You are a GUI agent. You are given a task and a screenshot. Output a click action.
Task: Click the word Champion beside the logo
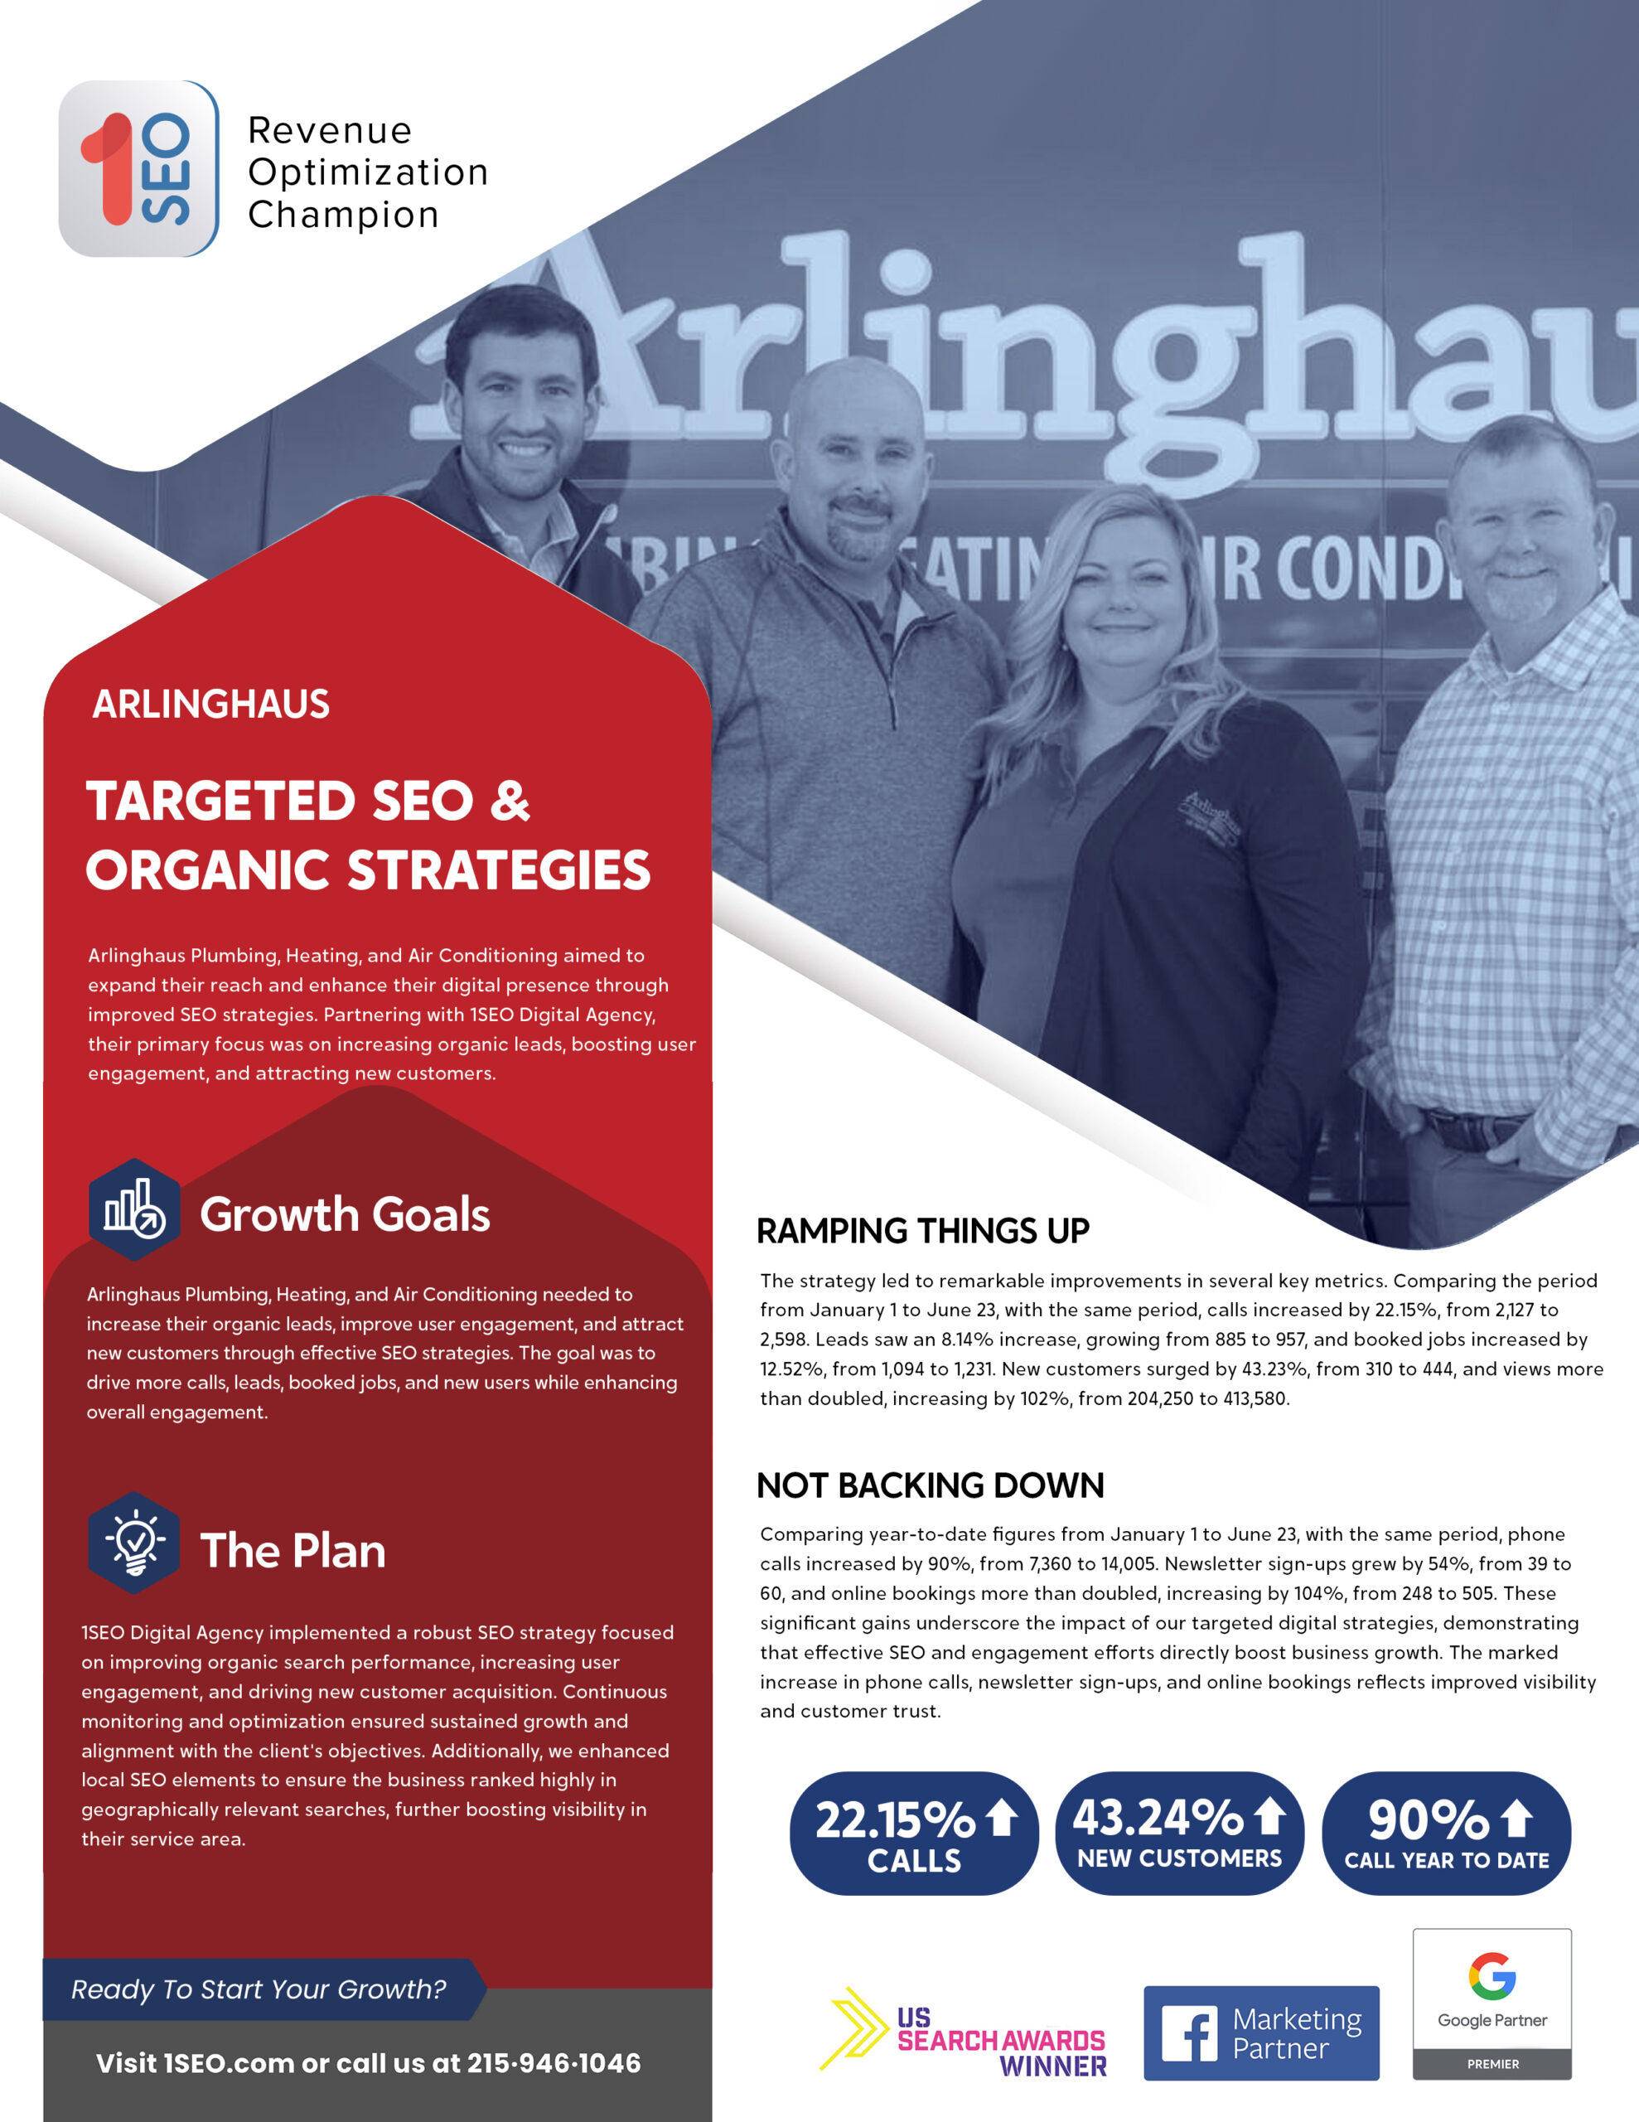pos(343,215)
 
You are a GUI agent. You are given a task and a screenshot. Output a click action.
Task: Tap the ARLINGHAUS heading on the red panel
pos(210,705)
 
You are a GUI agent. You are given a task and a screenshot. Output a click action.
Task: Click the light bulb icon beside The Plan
pos(134,1542)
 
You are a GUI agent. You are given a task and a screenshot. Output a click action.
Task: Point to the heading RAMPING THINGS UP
pos(922,1231)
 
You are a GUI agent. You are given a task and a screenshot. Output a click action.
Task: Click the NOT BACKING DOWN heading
pos(930,1485)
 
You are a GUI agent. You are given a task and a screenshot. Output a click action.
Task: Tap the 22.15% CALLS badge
pos(913,1834)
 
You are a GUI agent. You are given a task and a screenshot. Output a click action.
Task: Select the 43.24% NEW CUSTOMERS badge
pos(1178,1834)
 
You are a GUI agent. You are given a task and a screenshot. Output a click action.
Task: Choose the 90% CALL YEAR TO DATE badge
pos(1446,1834)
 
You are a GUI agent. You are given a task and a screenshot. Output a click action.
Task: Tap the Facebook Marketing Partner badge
pos(1260,2032)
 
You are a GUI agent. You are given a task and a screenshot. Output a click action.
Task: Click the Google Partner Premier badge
pos(1492,2003)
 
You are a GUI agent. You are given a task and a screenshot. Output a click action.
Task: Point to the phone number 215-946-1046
pos(554,2064)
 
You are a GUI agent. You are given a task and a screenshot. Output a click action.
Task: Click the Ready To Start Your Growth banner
pos(259,1989)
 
